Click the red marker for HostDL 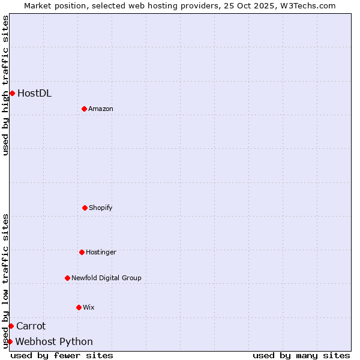[12, 93]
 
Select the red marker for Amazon [84, 109]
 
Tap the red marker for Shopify [85, 208]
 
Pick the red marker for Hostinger [82, 252]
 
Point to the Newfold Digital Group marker [67, 278]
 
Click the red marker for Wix [79, 307]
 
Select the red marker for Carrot [11, 326]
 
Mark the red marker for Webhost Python [10, 341]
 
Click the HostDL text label [34, 93]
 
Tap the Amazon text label [101, 109]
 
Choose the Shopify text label [101, 208]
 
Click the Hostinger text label [101, 252]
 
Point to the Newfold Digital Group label [106, 278]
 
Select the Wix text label [89, 307]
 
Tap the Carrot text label [31, 326]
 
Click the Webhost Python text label [54, 341]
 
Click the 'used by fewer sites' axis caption [62, 355]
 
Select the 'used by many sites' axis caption [301, 355]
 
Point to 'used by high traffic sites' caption [5, 85]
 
